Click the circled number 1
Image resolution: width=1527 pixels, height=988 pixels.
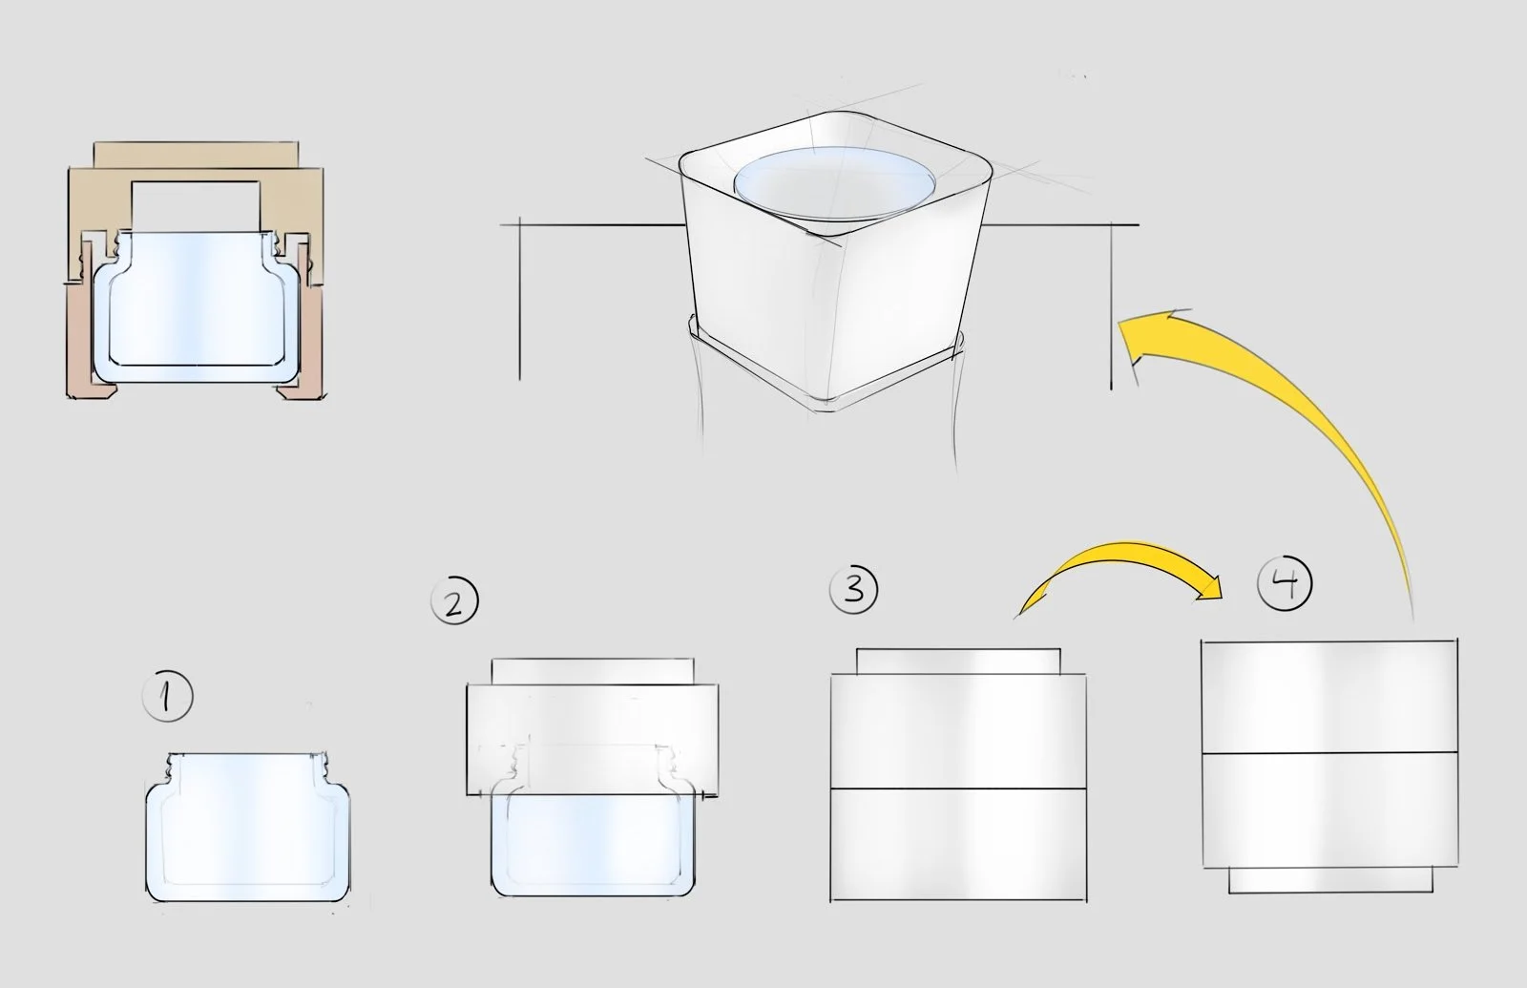(167, 696)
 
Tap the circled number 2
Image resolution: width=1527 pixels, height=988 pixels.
(454, 600)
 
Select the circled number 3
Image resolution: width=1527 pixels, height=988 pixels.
(853, 589)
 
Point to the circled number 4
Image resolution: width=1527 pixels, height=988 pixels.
(1285, 583)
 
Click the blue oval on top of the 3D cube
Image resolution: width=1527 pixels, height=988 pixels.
(834, 184)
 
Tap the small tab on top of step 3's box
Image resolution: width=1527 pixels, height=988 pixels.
(958, 662)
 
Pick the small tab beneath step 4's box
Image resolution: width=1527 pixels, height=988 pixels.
(1330, 879)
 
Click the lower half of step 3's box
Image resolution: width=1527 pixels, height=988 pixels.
(958, 845)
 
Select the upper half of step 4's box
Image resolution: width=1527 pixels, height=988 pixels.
(1329, 696)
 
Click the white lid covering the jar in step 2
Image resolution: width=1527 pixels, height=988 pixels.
(593, 739)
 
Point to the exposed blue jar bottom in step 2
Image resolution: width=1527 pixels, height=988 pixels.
(593, 846)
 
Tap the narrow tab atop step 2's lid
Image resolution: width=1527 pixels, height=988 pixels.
(593, 671)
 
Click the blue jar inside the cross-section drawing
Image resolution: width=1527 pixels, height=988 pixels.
(197, 306)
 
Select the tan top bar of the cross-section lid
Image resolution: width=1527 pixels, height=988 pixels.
(196, 154)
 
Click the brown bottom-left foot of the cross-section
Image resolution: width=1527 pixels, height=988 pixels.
(90, 341)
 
